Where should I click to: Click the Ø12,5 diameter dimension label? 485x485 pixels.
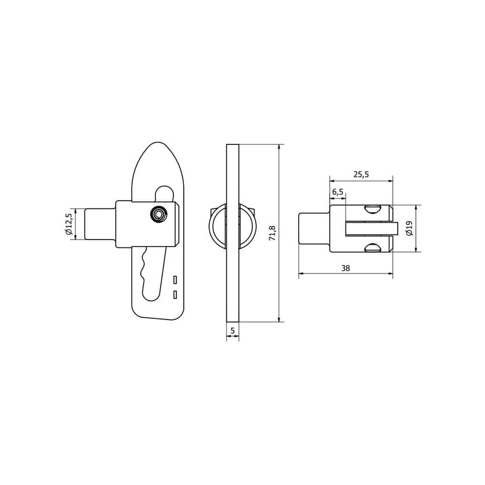pos(69,224)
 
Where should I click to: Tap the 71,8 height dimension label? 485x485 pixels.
pos(272,233)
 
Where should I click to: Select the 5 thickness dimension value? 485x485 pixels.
pos(233,330)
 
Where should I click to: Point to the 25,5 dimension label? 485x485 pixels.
pos(361,175)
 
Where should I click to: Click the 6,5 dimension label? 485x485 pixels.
pos(338,192)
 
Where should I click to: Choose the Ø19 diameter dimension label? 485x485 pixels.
pos(410,229)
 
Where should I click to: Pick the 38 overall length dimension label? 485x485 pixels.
pos(346,268)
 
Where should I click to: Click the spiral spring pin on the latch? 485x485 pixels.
pos(159,214)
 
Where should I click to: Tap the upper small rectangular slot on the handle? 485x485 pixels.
pos(175,280)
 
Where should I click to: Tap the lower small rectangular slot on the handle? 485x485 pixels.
pos(175,295)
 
